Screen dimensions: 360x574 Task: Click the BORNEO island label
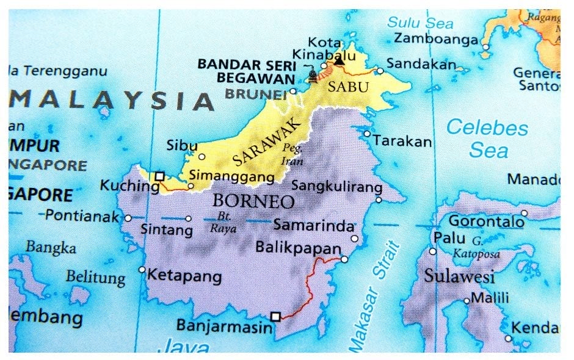[x=253, y=201]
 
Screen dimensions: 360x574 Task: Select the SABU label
[x=348, y=87]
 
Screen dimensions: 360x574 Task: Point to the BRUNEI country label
[x=256, y=94]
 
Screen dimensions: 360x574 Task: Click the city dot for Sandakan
[x=380, y=71]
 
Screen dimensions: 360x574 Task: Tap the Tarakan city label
[x=402, y=142]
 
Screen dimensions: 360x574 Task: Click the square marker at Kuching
[x=159, y=176]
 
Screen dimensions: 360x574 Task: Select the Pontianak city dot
[x=128, y=218]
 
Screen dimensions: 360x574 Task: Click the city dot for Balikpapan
[x=344, y=259]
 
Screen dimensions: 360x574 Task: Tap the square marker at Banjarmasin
[x=275, y=316]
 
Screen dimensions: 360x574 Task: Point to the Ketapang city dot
[x=142, y=269]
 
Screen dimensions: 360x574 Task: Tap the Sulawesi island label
[x=459, y=276]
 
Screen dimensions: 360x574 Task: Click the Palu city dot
[x=433, y=251]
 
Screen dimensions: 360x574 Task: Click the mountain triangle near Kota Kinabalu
[x=339, y=60]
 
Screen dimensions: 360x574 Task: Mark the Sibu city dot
[x=202, y=156]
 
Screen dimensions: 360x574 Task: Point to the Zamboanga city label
[x=435, y=40]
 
